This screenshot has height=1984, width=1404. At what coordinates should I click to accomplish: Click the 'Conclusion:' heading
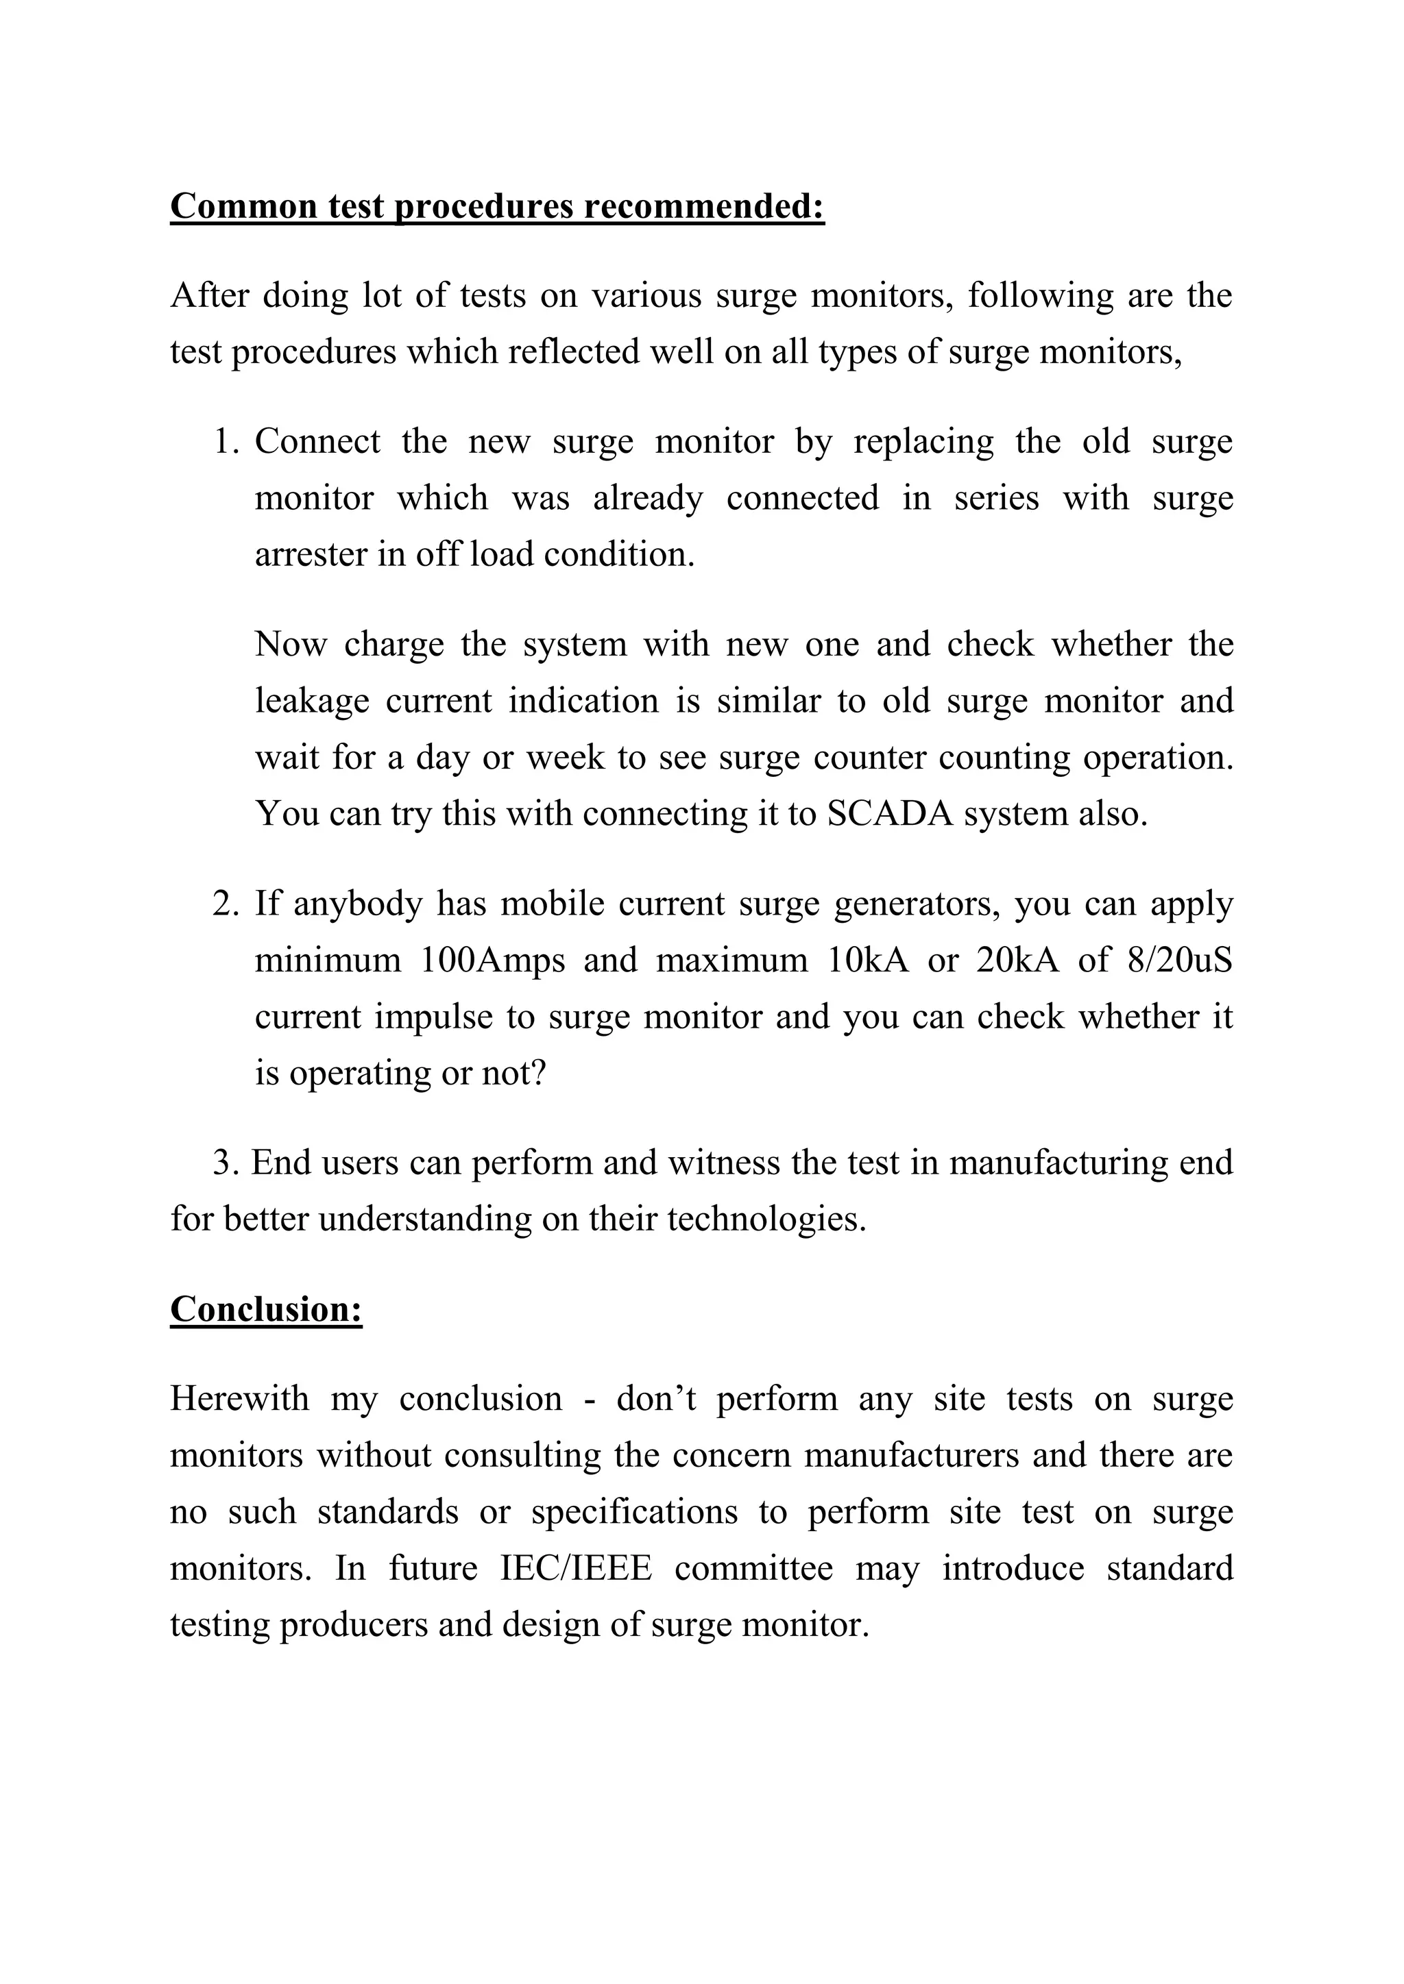tap(265, 1309)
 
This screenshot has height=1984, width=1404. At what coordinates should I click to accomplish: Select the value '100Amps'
tap(493, 960)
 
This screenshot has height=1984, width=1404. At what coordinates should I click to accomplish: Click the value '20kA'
tap(1017, 960)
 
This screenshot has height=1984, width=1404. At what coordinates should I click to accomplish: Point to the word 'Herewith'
tap(239, 1399)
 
